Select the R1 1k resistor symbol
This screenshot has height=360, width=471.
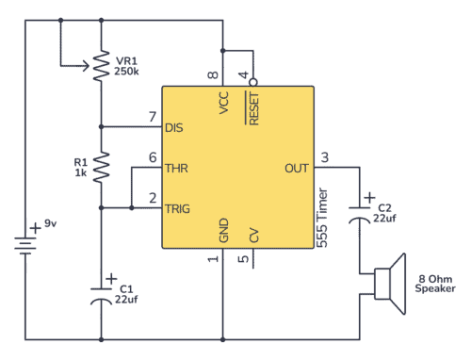pyautogui.click(x=101, y=169)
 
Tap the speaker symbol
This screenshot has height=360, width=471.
pyautogui.click(x=386, y=282)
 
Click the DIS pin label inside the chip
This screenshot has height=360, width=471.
pyautogui.click(x=175, y=127)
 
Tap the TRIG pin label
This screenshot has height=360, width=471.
pyautogui.click(x=179, y=208)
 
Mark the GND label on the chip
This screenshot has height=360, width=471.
pyautogui.click(x=223, y=231)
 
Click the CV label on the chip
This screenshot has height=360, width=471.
pyautogui.click(x=253, y=235)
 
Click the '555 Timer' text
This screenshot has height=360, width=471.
pyautogui.click(x=322, y=218)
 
